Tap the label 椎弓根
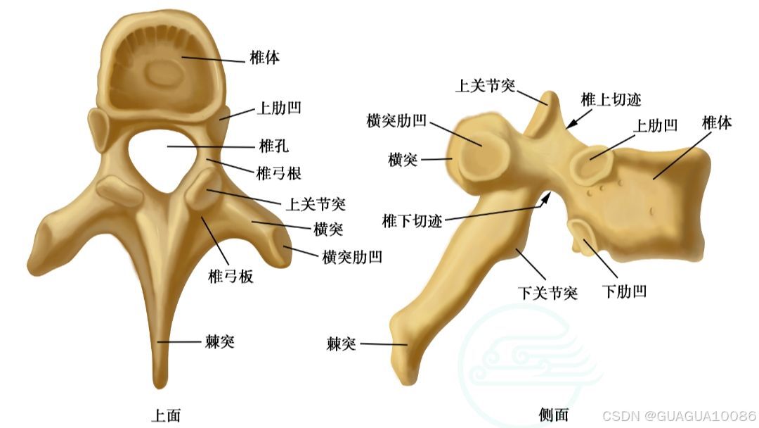278,173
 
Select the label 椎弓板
231,277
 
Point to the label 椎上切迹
611,100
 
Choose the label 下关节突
548,293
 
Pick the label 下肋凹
624,291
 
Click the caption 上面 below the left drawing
166,415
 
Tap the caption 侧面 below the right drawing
554,415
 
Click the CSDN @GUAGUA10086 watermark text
679,415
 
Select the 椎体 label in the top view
265,58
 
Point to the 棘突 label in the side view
342,344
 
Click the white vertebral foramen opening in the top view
163,158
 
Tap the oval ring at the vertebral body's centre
163,73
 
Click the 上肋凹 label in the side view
656,125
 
